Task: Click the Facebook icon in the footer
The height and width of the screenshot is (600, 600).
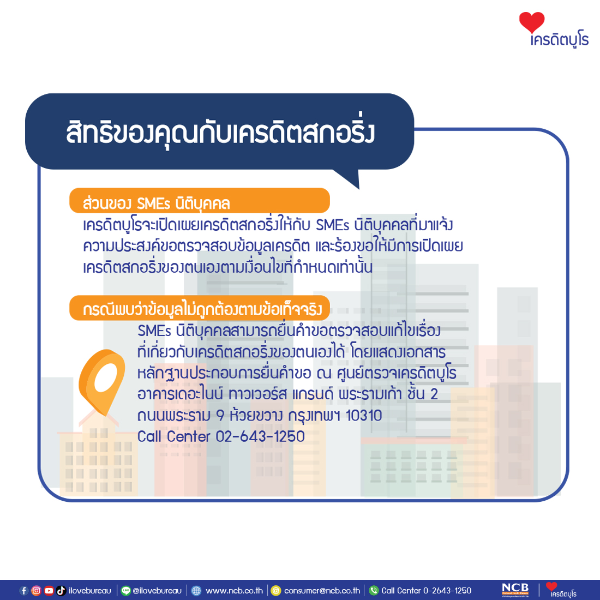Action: tap(23, 590)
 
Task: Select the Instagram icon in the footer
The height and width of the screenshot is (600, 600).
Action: tap(36, 590)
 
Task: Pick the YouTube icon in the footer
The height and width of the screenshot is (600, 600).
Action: tap(49, 590)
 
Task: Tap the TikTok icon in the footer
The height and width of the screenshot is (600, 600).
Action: tap(61, 590)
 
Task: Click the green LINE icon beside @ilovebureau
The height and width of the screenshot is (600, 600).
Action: tap(125, 590)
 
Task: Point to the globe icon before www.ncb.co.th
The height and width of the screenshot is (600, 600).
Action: tap(196, 590)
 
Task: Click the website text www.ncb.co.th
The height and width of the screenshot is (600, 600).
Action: tap(234, 590)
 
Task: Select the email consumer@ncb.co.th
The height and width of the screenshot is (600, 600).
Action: tap(322, 590)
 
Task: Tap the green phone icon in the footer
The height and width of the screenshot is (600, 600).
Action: tap(374, 590)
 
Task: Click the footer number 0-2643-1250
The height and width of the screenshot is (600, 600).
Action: tap(447, 590)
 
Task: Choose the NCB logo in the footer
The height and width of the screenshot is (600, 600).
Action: tap(515, 590)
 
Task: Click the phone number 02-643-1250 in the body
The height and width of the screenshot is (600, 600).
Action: tap(260, 436)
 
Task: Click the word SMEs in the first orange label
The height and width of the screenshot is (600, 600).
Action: tap(153, 203)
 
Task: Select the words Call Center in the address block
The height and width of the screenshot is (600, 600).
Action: tap(174, 436)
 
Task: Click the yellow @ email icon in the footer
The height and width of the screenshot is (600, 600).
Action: tap(275, 590)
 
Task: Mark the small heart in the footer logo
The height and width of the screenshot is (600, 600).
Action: tap(551, 586)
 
